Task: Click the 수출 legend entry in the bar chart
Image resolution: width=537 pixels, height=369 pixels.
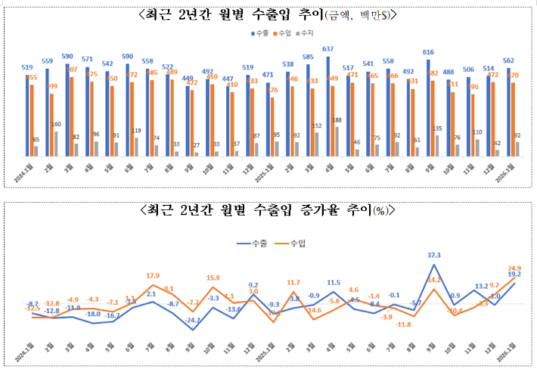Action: [x=259, y=33]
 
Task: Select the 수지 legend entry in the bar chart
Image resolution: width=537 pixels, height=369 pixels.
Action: [x=304, y=33]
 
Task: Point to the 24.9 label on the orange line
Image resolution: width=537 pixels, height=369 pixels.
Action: [x=516, y=268]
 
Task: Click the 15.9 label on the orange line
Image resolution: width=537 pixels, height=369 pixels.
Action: [x=213, y=278]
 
